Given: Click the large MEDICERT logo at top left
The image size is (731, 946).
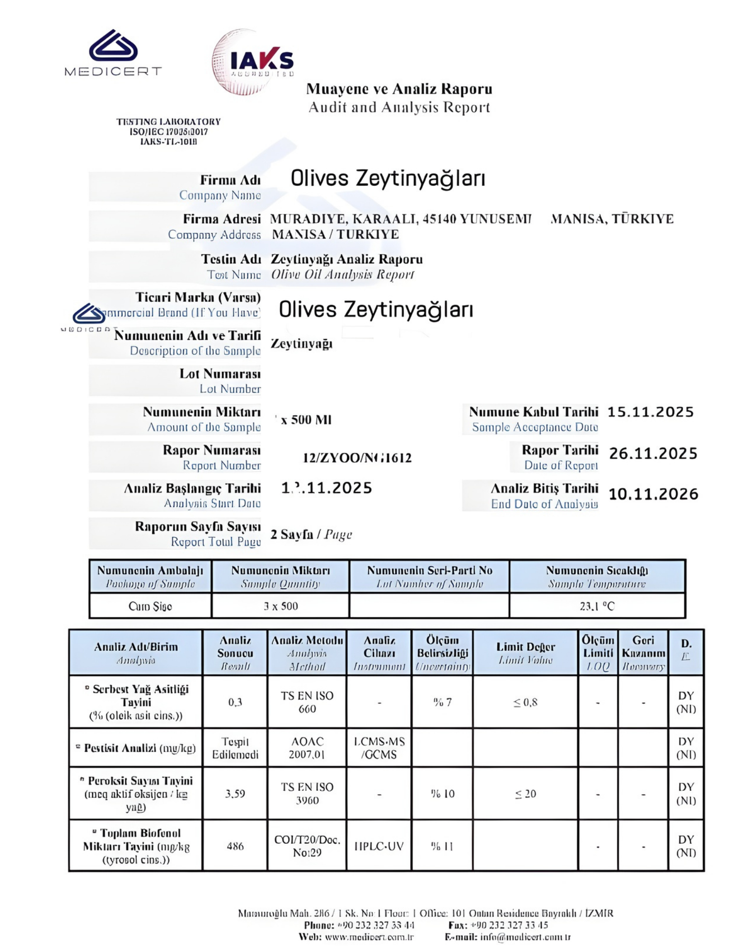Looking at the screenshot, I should click(113, 53).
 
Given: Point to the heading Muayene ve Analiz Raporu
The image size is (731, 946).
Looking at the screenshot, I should click(399, 89).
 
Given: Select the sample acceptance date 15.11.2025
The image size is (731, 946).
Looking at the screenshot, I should click(650, 412).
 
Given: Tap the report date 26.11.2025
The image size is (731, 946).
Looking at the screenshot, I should click(653, 454).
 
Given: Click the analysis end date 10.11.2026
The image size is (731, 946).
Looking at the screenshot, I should click(653, 494).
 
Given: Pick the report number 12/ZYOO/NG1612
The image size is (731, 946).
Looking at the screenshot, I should click(357, 458).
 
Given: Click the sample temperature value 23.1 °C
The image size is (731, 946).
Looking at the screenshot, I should click(597, 606).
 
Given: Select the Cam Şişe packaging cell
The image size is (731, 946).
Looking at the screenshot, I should click(150, 606).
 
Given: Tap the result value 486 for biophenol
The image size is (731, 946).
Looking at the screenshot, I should click(235, 846).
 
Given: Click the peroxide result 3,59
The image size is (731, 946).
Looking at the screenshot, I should click(235, 794).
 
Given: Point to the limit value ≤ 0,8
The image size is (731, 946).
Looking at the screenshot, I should click(525, 702).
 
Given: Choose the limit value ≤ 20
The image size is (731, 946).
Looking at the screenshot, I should click(525, 794).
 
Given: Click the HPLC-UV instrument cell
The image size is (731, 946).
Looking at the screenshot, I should click(379, 846).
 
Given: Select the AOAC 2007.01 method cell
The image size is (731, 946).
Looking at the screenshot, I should click(307, 748).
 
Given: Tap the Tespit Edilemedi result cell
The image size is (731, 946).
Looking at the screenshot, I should click(235, 748).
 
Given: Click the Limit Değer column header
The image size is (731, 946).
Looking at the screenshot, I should click(525, 653).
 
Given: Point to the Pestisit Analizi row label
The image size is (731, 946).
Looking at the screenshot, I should click(136, 748).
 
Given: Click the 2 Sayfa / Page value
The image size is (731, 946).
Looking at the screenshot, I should click(311, 534).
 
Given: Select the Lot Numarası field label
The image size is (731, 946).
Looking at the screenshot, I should click(220, 374).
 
